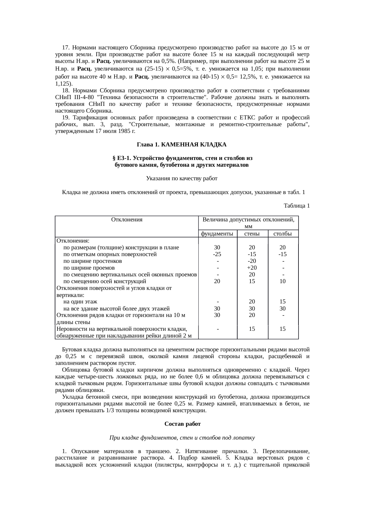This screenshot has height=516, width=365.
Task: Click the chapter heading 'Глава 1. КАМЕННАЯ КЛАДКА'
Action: [x=182, y=145]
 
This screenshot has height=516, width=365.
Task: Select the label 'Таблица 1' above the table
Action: [x=296, y=206]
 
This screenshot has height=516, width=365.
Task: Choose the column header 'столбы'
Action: [x=283, y=234]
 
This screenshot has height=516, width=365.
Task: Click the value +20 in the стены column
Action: [x=252, y=268]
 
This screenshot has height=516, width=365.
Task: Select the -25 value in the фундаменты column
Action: [x=217, y=254]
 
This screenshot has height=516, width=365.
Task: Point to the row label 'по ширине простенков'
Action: [x=92, y=261]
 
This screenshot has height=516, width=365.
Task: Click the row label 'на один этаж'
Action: [x=80, y=302]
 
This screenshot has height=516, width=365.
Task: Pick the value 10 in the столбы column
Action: [x=283, y=281]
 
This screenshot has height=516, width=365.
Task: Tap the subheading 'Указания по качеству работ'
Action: [x=182, y=178]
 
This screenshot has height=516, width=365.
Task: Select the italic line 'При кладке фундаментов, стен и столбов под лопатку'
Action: [x=182, y=438]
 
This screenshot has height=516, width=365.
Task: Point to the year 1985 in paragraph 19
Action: [x=123, y=131]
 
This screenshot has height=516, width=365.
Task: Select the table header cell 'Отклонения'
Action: [x=127, y=220]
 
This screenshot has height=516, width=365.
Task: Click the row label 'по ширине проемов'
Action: [x=89, y=268]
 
